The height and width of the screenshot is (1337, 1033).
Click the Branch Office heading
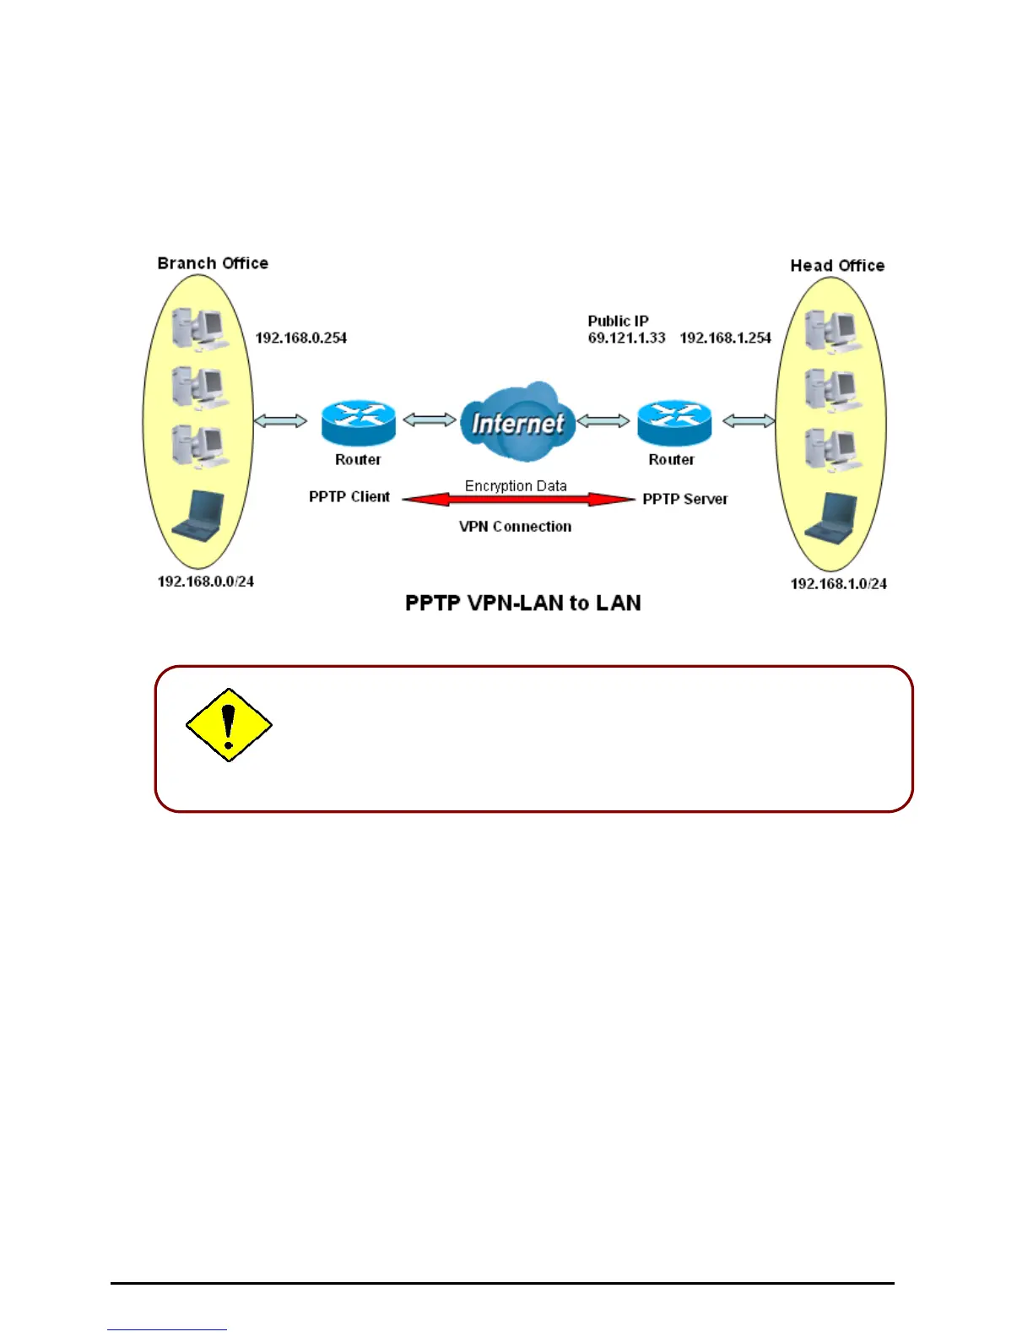click(x=213, y=263)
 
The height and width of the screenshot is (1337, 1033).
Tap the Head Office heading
click(x=837, y=266)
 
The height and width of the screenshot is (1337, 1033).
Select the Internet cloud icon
click(x=517, y=423)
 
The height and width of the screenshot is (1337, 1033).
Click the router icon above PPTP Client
click(x=359, y=422)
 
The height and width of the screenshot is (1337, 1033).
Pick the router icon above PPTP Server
click(x=673, y=422)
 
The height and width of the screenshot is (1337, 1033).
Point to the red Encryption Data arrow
click(x=518, y=500)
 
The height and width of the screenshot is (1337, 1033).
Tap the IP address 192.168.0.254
click(x=301, y=338)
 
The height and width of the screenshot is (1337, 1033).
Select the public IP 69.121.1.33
click(x=626, y=338)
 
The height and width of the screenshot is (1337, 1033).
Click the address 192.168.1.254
click(x=726, y=338)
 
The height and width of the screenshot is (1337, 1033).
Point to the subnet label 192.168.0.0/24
click(x=206, y=582)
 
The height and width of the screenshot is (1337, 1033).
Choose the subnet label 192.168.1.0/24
click(x=838, y=584)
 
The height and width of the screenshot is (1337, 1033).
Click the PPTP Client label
click(x=349, y=497)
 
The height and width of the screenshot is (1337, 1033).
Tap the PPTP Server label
click(x=685, y=499)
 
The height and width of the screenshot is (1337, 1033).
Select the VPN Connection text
click(x=515, y=527)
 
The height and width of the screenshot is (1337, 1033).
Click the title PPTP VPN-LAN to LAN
click(x=523, y=604)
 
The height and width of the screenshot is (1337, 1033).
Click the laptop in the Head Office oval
click(x=832, y=517)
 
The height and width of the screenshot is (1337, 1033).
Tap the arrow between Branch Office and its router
click(x=281, y=420)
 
